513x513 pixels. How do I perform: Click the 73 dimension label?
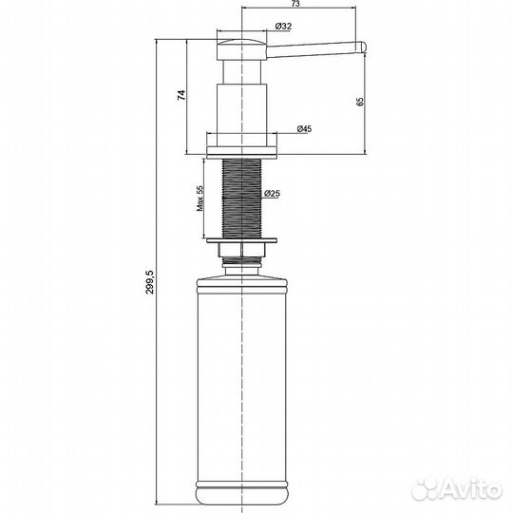click(295, 4)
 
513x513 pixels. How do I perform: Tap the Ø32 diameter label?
click(283, 27)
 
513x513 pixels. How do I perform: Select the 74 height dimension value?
click(181, 95)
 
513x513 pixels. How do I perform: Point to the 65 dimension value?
click(360, 102)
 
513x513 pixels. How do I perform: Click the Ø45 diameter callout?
click(304, 129)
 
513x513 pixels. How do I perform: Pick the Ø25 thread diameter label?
click(273, 194)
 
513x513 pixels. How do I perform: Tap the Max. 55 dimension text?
click(199, 199)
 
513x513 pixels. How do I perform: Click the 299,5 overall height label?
click(150, 282)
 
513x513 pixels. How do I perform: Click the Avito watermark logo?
click(456, 490)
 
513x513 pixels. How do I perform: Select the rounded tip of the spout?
click(362, 47)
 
